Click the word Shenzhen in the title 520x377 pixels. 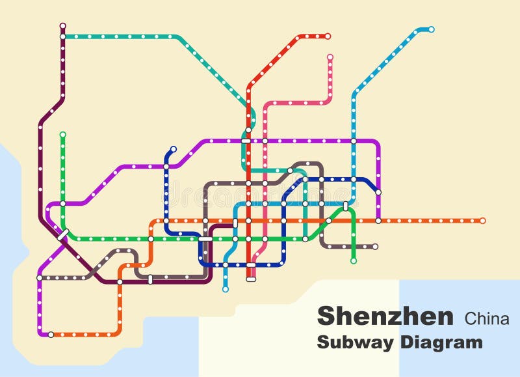[385, 316]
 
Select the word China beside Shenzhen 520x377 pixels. [487, 318]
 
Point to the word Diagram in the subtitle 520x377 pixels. [442, 342]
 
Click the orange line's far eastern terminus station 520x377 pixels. [482, 221]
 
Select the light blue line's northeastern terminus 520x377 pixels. [431, 29]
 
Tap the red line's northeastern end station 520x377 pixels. [328, 36]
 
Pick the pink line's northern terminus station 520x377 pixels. [330, 57]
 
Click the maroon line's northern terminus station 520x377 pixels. [62, 25]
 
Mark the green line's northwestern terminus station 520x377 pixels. [62, 135]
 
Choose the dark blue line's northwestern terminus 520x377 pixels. [173, 149]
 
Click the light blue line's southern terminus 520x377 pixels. [225, 289]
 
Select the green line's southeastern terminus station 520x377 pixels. [354, 261]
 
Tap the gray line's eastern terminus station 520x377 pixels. [375, 247]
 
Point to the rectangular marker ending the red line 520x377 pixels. [251, 279]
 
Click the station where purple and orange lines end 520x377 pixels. [51, 335]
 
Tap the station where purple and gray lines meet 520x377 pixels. [39, 278]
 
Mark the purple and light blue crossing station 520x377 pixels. [354, 141]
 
